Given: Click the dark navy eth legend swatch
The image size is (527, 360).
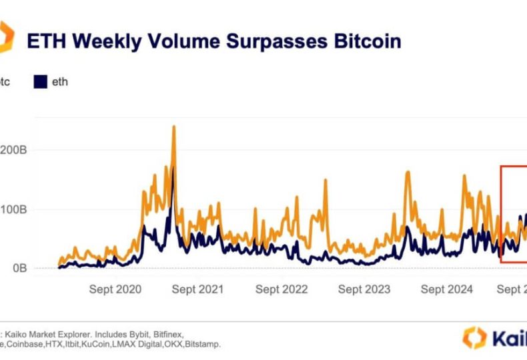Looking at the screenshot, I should pyautogui.click(x=39, y=82).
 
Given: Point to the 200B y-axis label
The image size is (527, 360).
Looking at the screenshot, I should pyautogui.click(x=13, y=151).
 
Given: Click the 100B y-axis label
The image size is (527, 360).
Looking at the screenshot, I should pyautogui.click(x=13, y=209).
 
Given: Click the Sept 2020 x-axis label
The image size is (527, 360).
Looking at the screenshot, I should pyautogui.click(x=115, y=289).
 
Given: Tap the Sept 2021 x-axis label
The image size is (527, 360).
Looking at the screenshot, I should pyautogui.click(x=197, y=289).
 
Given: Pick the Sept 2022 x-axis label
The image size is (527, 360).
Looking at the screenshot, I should pyautogui.click(x=281, y=289).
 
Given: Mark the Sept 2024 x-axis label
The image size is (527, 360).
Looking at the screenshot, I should pyautogui.click(x=446, y=289).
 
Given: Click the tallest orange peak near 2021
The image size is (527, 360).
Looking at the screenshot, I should pyautogui.click(x=173, y=127).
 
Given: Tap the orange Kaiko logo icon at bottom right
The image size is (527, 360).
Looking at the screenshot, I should pyautogui.click(x=474, y=337).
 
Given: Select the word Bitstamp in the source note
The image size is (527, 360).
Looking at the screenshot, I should pyautogui.click(x=201, y=343).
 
